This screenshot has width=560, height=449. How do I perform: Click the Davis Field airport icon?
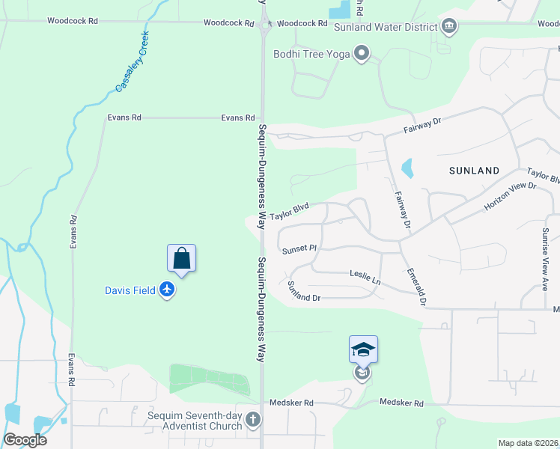pos(166,290)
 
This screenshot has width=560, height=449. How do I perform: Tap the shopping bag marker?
pos(181,259)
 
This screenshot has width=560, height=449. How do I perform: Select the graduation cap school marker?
pos(363,349)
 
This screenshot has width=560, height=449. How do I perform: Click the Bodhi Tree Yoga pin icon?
pos(362,52)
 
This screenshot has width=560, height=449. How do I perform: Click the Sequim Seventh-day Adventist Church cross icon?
pos(253,420)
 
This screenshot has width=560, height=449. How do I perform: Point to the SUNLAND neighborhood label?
pos(474,171)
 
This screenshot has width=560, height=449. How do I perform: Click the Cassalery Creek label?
pos(133,62)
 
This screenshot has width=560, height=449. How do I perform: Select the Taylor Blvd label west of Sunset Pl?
pos(290,213)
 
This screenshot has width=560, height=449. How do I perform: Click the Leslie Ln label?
pos(365,275)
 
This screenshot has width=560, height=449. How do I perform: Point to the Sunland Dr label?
pos(304,292)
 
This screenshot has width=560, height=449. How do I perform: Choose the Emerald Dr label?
pos(416,287)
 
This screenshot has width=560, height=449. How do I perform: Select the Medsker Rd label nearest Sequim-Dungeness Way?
pos(292,403)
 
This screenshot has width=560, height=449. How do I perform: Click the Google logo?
pos(25,440)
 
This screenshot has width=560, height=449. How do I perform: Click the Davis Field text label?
pos(130,290)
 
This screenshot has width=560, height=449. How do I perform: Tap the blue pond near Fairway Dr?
pos(408,168)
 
